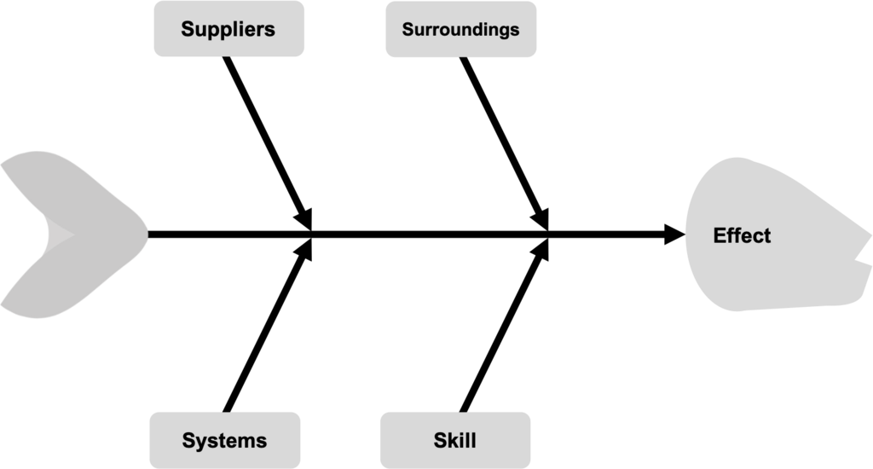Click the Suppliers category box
point(228,29)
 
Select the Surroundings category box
point(460,29)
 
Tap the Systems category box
point(225,440)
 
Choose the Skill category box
point(454,440)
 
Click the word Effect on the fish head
point(742,235)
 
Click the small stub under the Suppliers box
point(228,58)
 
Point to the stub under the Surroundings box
point(464,58)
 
